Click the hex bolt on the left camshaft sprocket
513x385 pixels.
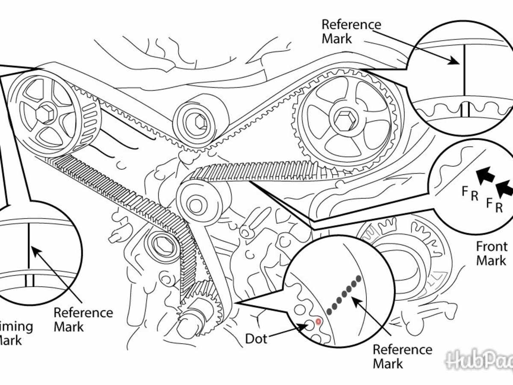(44, 114)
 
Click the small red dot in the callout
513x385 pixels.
(318, 321)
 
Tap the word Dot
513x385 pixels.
(256, 339)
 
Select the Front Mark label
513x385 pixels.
(492, 253)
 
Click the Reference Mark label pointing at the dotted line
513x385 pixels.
(402, 356)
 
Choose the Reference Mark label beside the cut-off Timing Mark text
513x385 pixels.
(83, 320)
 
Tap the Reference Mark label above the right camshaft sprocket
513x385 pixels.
(351, 31)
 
